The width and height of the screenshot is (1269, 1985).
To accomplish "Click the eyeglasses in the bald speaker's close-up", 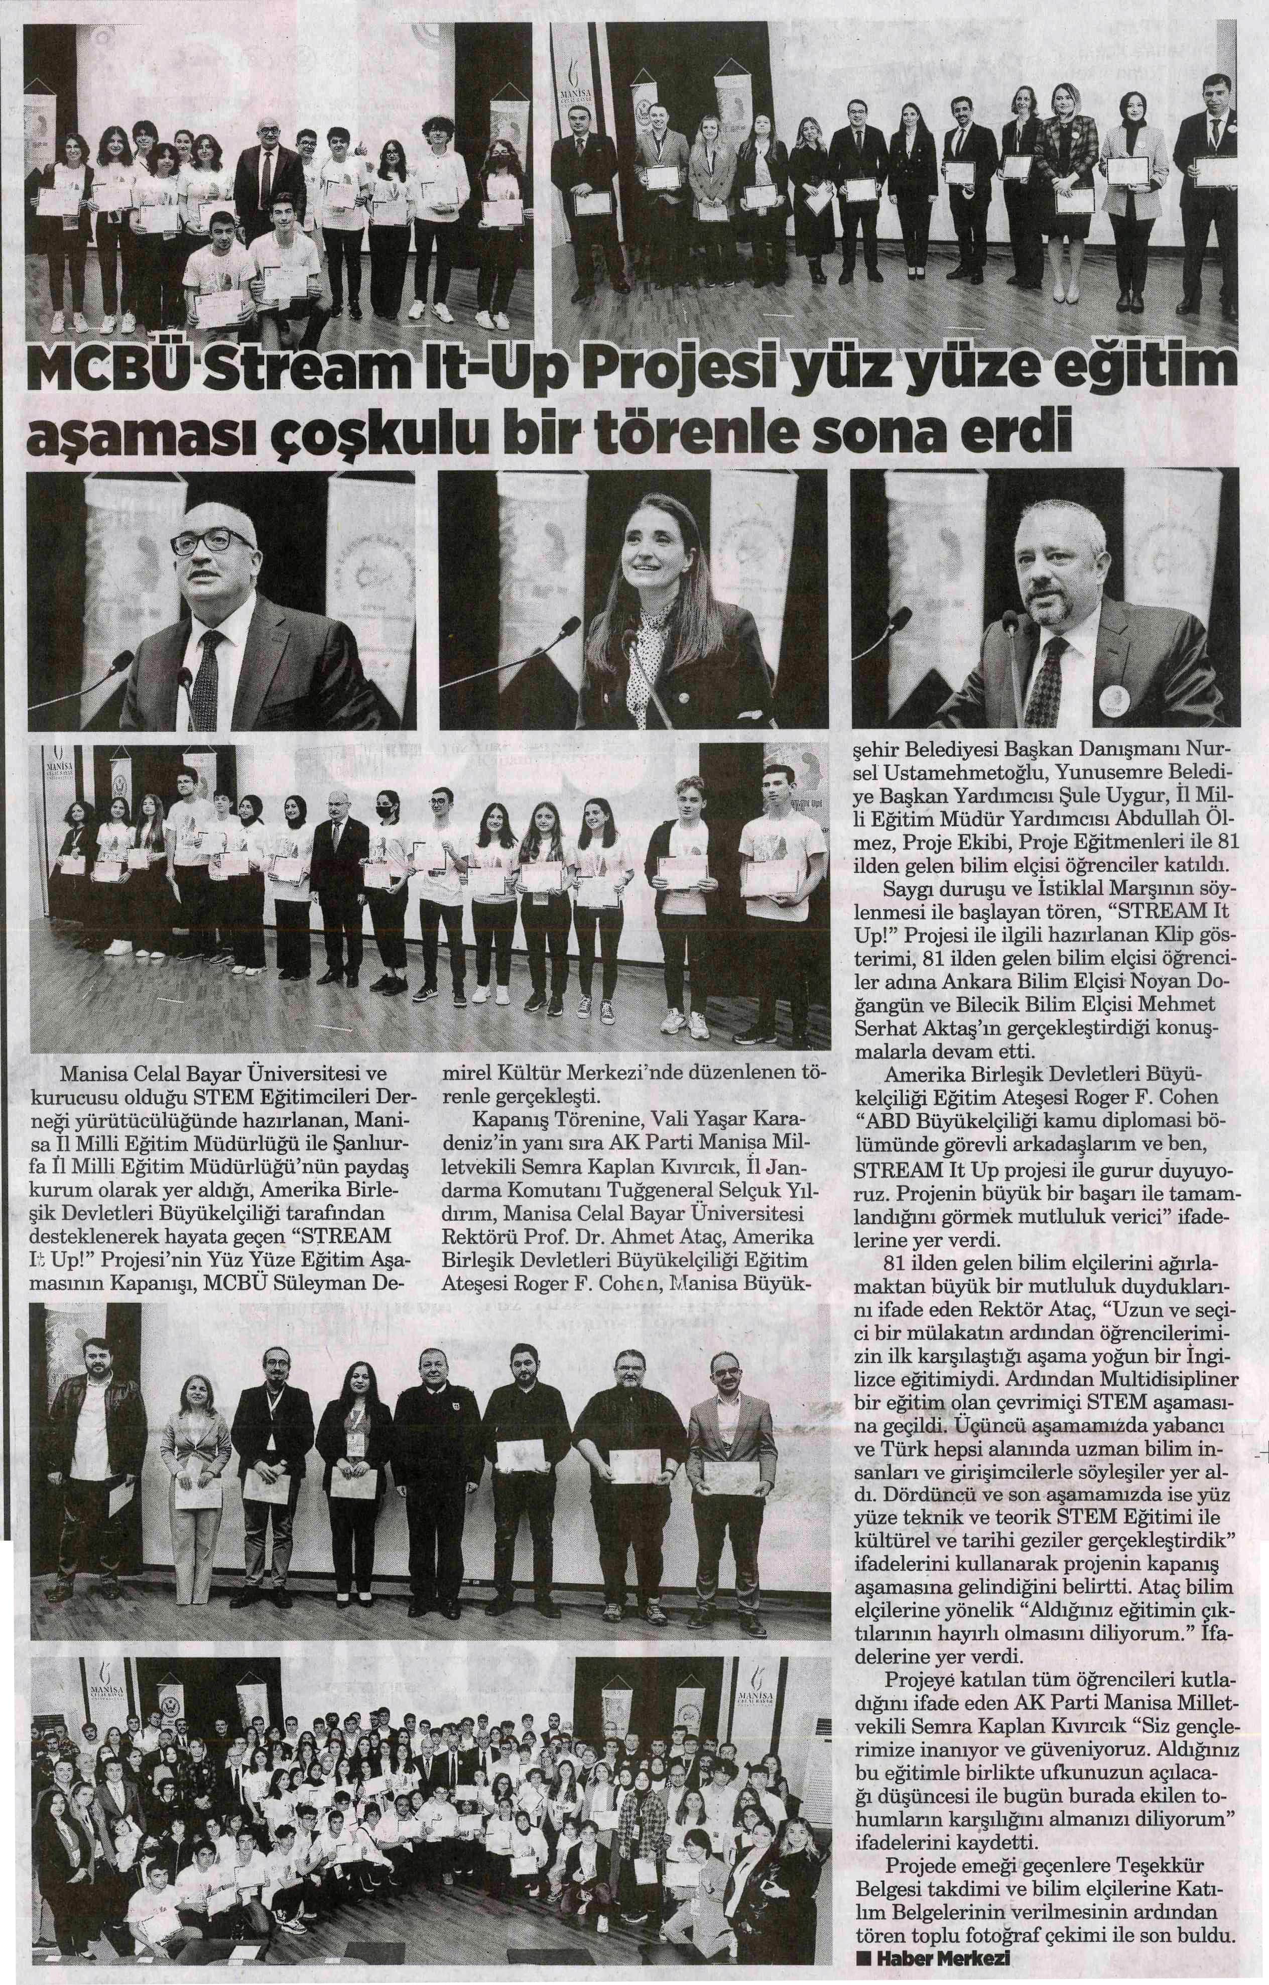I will (x=213, y=542).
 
